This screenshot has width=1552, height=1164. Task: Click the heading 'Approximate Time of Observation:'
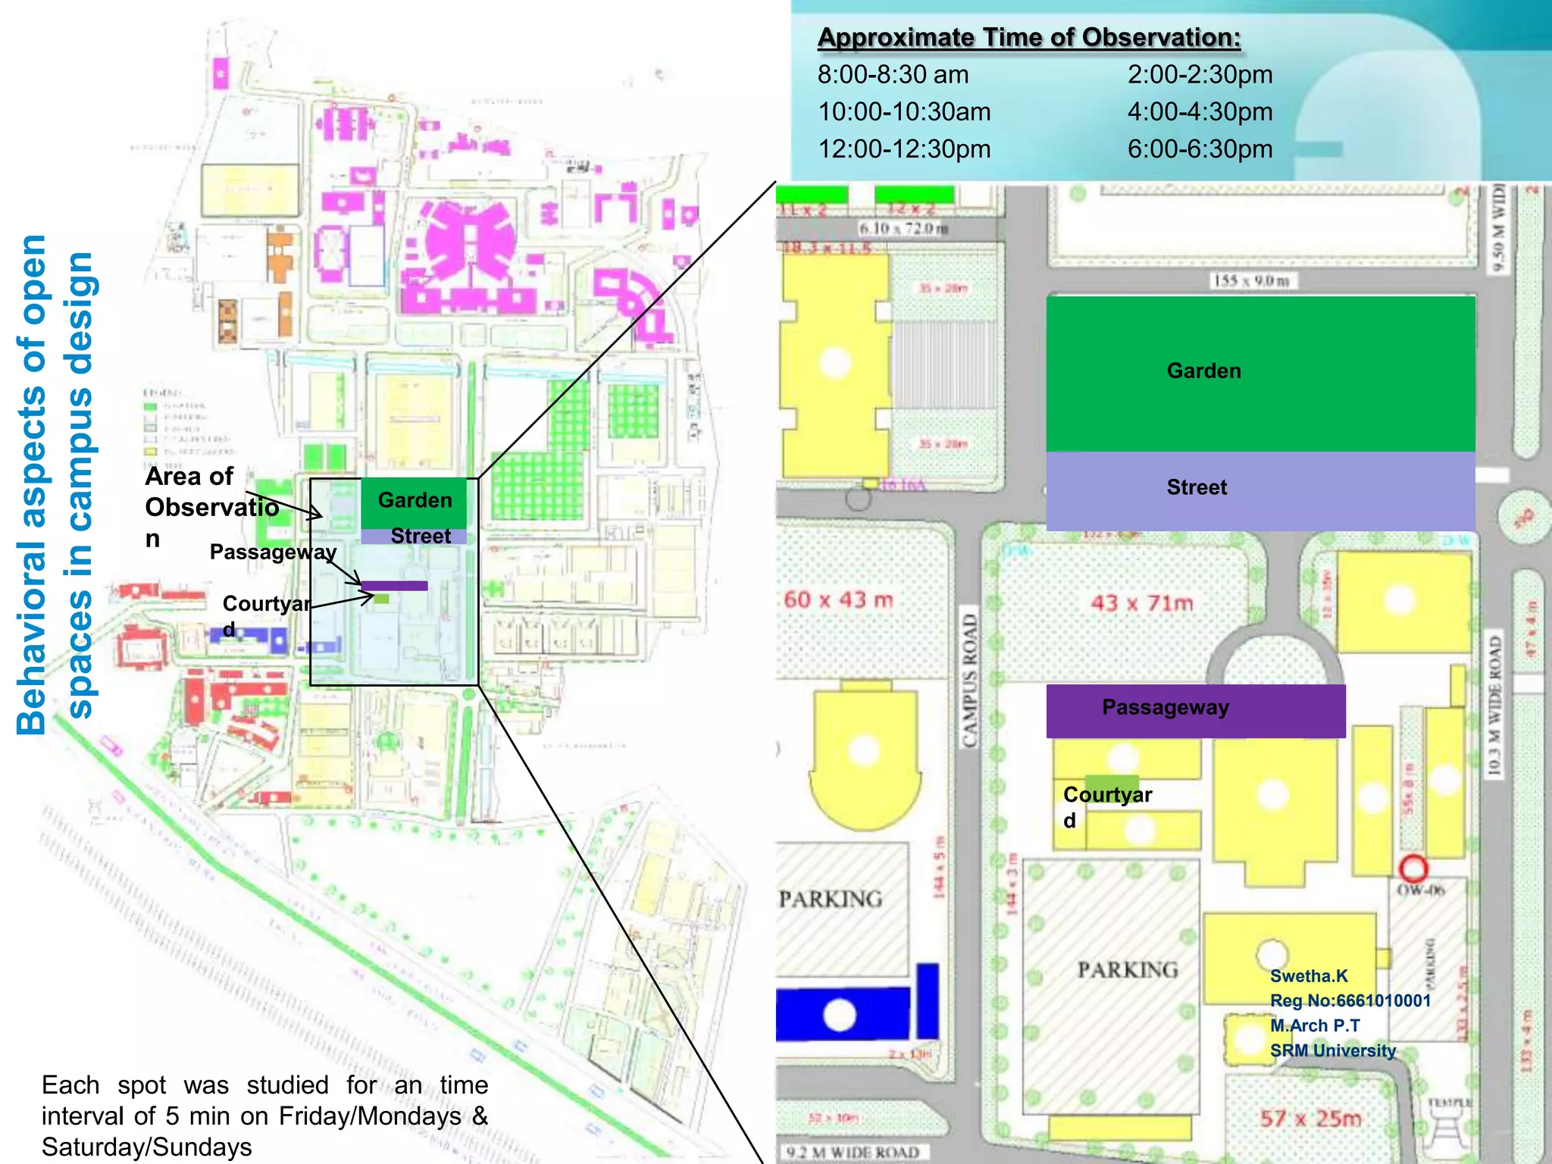(x=1028, y=37)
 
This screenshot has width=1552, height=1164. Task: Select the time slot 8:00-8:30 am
(x=893, y=75)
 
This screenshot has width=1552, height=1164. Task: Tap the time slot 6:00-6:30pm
(x=1200, y=149)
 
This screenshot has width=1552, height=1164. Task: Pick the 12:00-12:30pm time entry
(x=904, y=149)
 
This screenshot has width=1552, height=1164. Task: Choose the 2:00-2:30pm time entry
(x=1200, y=75)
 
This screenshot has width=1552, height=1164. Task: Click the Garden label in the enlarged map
(x=1203, y=371)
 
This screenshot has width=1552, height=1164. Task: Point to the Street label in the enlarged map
(x=1197, y=487)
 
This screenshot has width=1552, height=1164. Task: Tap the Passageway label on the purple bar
(x=1165, y=707)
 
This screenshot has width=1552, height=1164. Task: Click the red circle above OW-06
(x=1413, y=868)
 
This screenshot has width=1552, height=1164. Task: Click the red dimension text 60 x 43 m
(x=838, y=599)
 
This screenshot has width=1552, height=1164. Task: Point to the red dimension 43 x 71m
(x=1141, y=603)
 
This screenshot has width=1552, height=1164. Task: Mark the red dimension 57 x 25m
(x=1310, y=1118)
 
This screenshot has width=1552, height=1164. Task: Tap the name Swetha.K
(x=1309, y=976)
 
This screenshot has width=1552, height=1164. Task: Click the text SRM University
(x=1332, y=1050)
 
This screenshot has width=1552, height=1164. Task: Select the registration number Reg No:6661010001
(x=1350, y=1000)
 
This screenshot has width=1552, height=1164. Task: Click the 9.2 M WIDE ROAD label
(x=853, y=1153)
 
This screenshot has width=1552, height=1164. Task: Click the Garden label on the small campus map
(x=415, y=500)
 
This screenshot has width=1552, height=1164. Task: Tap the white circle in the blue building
(x=840, y=1015)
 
